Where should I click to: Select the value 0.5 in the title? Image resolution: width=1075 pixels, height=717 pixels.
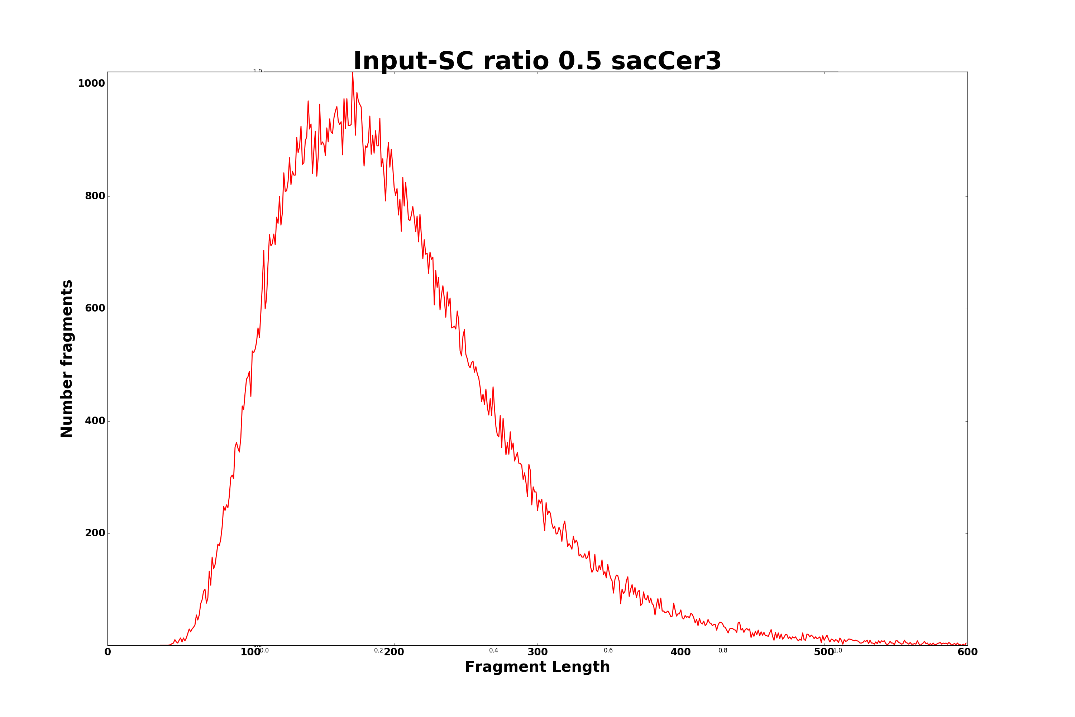[x=580, y=61]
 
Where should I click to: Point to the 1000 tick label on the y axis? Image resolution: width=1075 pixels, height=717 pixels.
[x=91, y=84]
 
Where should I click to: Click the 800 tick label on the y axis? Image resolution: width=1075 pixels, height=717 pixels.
[x=95, y=196]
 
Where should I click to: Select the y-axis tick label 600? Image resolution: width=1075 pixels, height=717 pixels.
[x=95, y=308]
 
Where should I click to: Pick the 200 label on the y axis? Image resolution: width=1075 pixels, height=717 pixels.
[x=95, y=533]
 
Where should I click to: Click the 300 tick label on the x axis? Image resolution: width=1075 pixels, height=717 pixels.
[x=537, y=652]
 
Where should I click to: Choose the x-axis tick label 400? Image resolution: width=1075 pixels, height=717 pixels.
[x=680, y=652]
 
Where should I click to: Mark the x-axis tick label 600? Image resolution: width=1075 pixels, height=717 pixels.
[x=967, y=652]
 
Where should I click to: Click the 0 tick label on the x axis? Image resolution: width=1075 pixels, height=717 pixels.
[x=108, y=652]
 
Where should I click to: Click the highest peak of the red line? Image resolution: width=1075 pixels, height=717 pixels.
[x=352, y=73]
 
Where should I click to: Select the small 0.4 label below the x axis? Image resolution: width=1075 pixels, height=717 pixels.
[x=494, y=651]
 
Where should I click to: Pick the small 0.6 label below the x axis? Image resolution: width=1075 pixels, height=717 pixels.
[x=608, y=651]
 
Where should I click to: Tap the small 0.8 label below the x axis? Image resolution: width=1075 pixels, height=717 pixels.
[x=723, y=651]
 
